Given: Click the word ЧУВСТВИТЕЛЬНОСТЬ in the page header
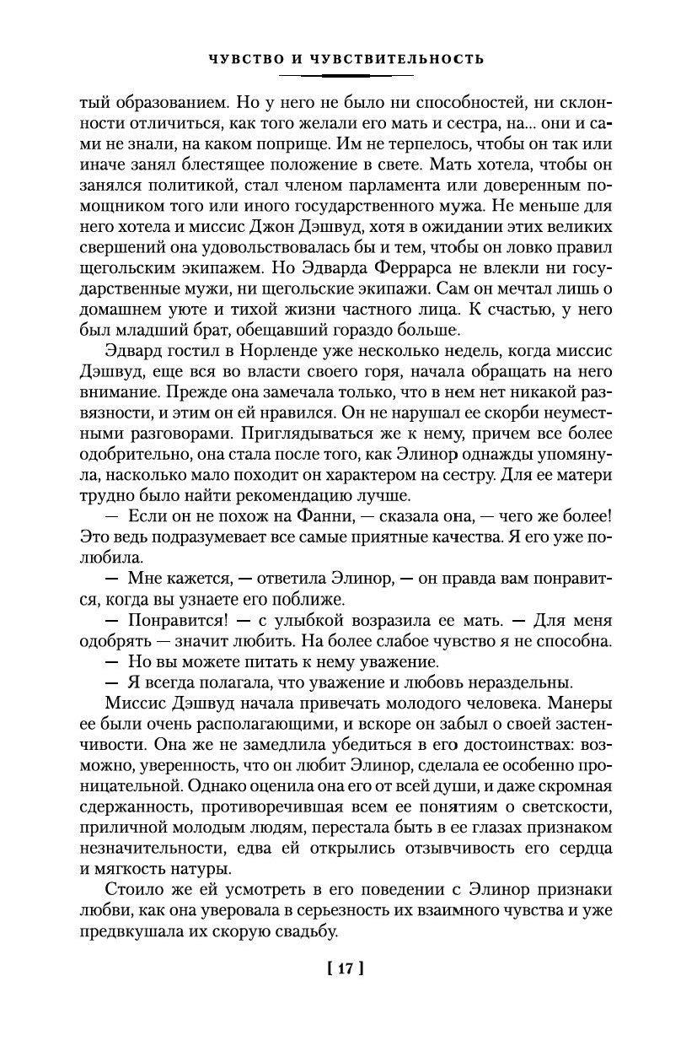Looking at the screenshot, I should [400, 59].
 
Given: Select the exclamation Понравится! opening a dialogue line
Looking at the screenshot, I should [174, 620].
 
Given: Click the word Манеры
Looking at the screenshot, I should [580, 704].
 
